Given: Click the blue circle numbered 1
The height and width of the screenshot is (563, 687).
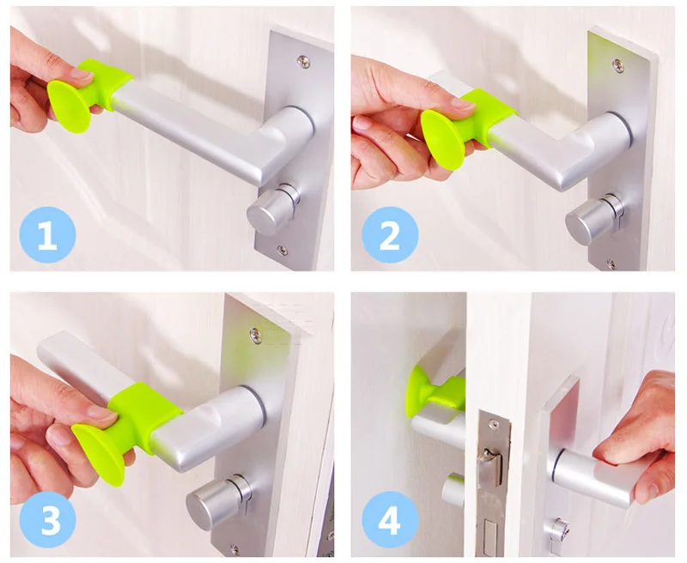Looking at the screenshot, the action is pos(47,235).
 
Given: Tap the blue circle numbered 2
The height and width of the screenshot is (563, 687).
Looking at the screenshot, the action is pos(390,235).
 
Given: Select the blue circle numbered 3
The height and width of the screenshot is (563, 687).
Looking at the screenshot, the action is pos(47,519).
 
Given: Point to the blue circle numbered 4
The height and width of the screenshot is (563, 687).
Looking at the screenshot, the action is pos(390,519).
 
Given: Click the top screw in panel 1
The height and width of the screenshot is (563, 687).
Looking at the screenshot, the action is pos(303,61).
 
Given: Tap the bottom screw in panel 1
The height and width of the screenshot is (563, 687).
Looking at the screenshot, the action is pos(282,251).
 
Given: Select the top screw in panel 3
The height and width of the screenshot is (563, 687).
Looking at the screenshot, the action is pos(255,336).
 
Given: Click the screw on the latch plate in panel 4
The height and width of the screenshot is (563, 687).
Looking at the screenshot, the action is pos(493,424).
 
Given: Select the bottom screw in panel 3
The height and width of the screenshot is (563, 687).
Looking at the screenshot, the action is pos(235,549).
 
